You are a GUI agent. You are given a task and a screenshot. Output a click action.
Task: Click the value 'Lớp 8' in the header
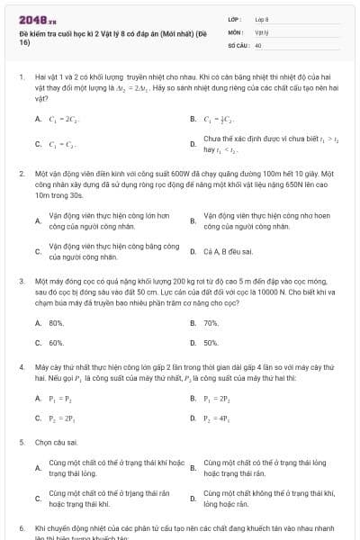pos(262,19)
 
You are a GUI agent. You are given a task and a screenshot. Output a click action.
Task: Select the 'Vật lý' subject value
pos(262,31)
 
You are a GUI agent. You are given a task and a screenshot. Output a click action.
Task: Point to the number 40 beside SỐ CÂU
pos(258,44)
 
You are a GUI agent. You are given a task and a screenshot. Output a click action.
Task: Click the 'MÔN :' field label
pos(237,31)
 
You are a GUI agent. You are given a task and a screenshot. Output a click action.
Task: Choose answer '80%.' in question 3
pos(56,322)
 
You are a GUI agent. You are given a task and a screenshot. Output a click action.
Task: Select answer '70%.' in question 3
pos(211,322)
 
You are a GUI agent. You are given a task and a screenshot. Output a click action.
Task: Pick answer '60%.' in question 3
pos(56,343)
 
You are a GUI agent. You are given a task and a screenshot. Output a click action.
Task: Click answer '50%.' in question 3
pos(211,343)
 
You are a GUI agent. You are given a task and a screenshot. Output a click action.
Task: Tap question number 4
pos(21,367)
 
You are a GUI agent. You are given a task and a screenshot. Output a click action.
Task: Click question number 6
pos(21,528)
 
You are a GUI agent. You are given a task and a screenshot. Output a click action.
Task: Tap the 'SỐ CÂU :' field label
pos(239,44)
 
